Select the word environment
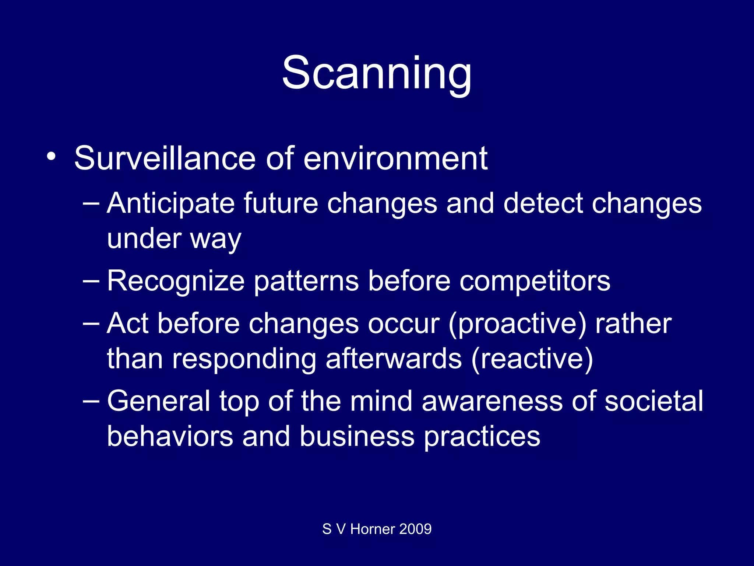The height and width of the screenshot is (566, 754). point(395,158)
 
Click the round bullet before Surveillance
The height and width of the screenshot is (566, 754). point(52,156)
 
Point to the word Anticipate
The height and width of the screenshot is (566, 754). point(170,203)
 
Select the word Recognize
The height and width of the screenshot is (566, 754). point(176,281)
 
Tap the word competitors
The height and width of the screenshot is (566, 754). point(535,281)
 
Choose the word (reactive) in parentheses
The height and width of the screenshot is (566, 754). point(532,359)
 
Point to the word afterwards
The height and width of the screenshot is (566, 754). point(394,359)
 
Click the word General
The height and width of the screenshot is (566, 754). point(158,401)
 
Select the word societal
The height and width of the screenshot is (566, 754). point(653,401)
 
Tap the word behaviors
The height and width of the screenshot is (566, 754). point(170,436)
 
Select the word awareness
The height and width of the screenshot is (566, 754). point(492,401)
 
